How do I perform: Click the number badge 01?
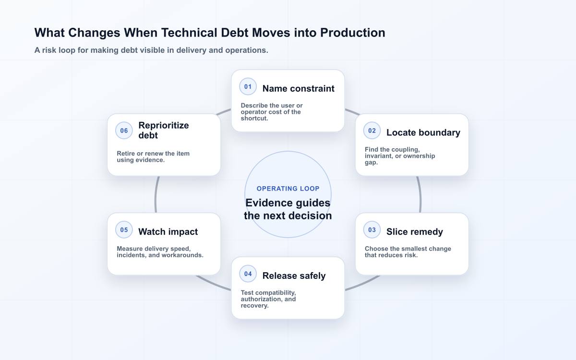pyautogui.click(x=248, y=87)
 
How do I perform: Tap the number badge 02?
pyautogui.click(x=372, y=131)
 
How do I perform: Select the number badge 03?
pyautogui.click(x=372, y=229)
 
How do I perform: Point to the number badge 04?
pyautogui.click(x=248, y=274)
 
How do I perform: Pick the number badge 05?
pyautogui.click(x=124, y=229)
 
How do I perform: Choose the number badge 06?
pyautogui.click(x=124, y=131)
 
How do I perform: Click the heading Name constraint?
pyautogui.click(x=298, y=88)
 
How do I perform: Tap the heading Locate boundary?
pyautogui.click(x=423, y=132)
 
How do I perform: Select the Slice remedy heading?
pyautogui.click(x=415, y=232)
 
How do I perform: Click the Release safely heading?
pyautogui.click(x=294, y=276)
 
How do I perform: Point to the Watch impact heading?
pyautogui.click(x=168, y=232)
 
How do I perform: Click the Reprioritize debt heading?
pyautogui.click(x=164, y=131)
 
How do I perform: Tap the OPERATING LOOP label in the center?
pyautogui.click(x=288, y=189)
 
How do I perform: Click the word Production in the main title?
pyautogui.click(x=352, y=33)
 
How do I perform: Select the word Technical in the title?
pyautogui.click(x=189, y=33)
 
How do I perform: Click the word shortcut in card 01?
pyautogui.click(x=253, y=118)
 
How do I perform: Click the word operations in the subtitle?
pyautogui.click(x=246, y=50)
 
